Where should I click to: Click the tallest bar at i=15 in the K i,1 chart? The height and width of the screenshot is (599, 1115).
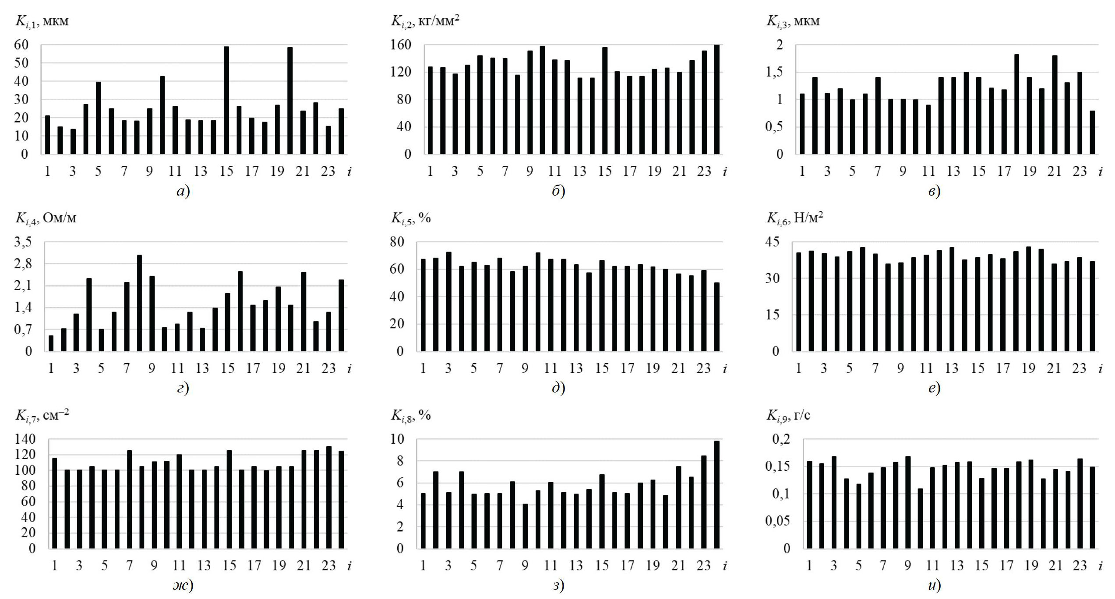pyautogui.click(x=226, y=100)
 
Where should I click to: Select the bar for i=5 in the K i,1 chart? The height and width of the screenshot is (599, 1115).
pyautogui.click(x=99, y=118)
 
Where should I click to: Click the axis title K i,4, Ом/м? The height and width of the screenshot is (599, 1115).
pyautogui.click(x=46, y=218)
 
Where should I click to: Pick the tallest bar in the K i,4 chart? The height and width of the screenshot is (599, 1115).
pyautogui.click(x=139, y=303)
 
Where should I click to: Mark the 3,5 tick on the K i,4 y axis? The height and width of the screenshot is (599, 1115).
pyautogui.click(x=23, y=242)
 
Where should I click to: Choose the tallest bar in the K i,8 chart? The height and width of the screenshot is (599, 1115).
pyautogui.click(x=716, y=494)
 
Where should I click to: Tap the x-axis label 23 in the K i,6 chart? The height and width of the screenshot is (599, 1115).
pyautogui.click(x=1080, y=368)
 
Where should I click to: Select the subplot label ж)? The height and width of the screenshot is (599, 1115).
pyautogui.click(x=183, y=585)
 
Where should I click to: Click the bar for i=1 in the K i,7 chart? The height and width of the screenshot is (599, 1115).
pyautogui.click(x=55, y=503)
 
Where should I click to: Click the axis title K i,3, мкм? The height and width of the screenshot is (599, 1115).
pyautogui.click(x=793, y=21)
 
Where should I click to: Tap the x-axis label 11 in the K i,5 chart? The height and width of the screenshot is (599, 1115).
pyautogui.click(x=550, y=368)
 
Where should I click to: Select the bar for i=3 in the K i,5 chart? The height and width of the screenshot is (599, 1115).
pyautogui.click(x=448, y=301)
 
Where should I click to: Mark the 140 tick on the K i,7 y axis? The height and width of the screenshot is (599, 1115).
pyautogui.click(x=25, y=439)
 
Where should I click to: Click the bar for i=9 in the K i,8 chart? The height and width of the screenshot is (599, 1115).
pyautogui.click(x=526, y=526)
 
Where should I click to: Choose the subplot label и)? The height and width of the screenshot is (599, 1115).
pyautogui.click(x=934, y=585)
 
